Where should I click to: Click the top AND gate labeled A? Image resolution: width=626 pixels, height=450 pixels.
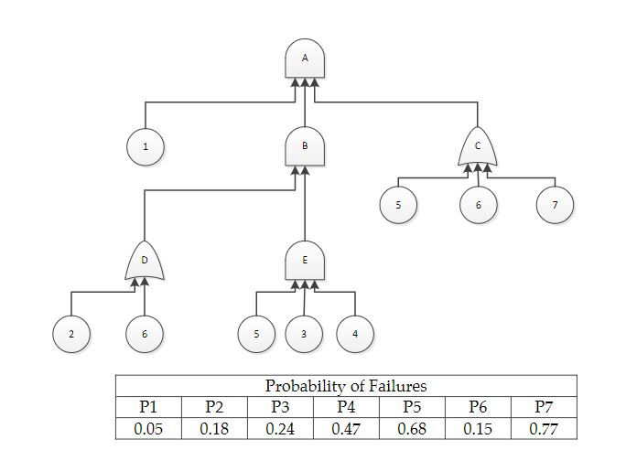coord(305,59)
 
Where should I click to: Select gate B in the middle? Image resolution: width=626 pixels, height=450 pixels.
coord(305,146)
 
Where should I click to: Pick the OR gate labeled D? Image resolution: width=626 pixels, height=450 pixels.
coord(144,262)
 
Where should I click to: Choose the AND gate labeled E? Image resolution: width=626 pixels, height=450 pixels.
coord(305,261)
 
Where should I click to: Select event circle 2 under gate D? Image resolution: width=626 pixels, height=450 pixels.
coord(70,334)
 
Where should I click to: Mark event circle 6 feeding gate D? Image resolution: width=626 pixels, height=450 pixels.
coord(144,334)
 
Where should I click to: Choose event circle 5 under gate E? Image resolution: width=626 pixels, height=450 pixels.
coord(256,333)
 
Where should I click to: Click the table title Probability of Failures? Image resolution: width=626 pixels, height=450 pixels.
coord(346,386)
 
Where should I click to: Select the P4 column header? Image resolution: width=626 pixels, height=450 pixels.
coord(346,407)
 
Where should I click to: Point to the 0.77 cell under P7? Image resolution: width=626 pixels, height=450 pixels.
coord(544,428)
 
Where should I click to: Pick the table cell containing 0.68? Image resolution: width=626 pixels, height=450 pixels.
coord(412,428)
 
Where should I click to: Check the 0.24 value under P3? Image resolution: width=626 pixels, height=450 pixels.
coord(280,428)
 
